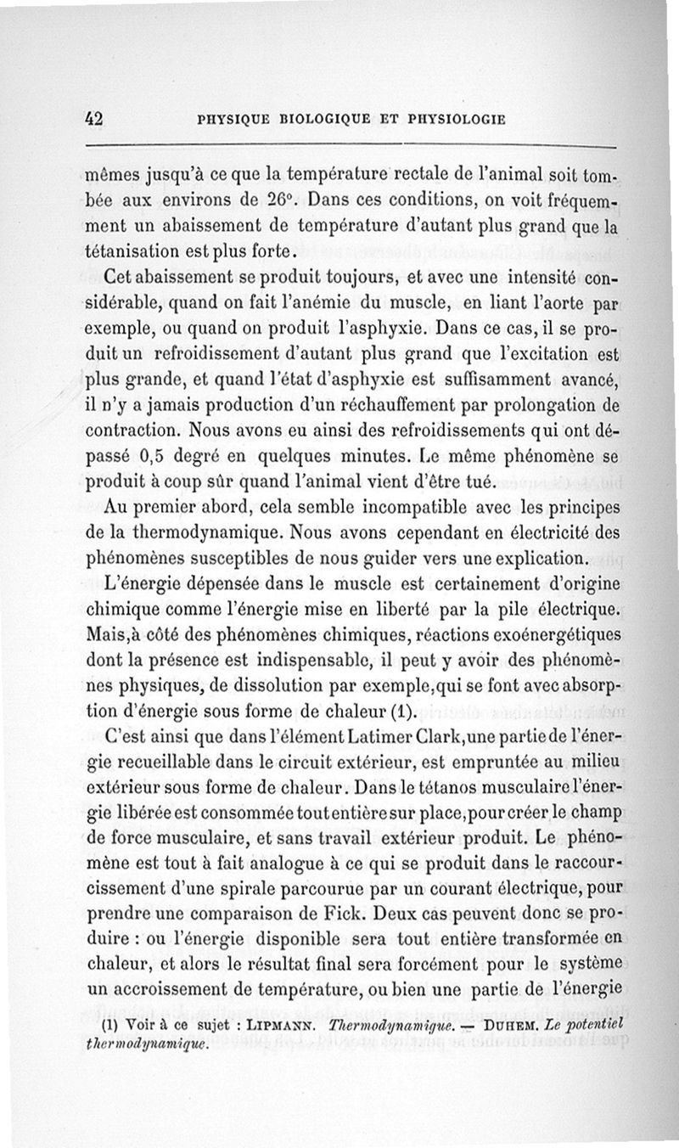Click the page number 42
[x=93, y=120]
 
